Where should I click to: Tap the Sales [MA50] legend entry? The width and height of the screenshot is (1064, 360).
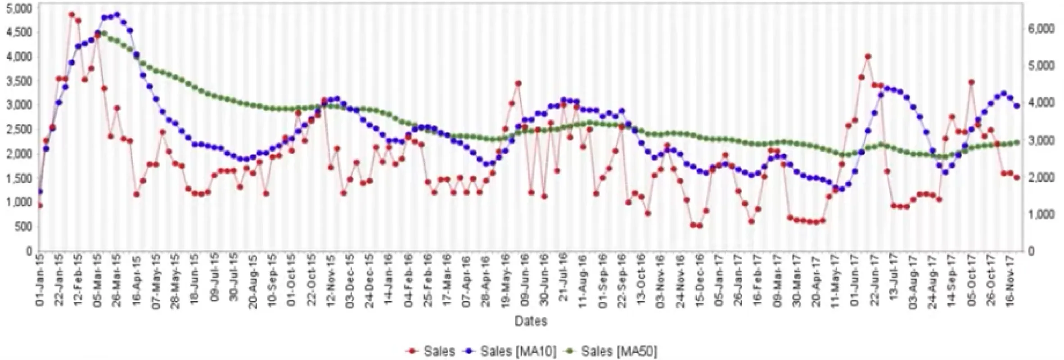[619, 351]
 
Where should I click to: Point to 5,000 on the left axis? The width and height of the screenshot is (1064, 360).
[18, 9]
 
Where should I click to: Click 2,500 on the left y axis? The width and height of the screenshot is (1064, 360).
[18, 130]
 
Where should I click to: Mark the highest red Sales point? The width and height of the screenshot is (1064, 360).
[72, 14]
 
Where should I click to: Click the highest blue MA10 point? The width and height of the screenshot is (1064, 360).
[117, 14]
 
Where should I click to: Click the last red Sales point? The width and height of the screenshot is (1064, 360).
[1017, 178]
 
